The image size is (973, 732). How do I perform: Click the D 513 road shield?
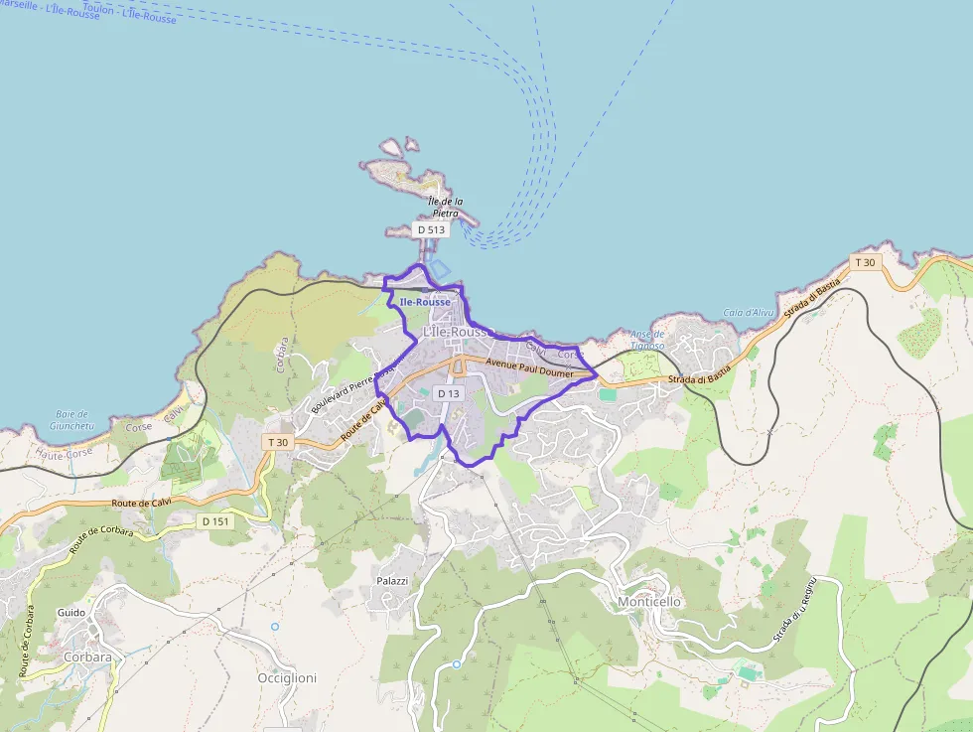click(x=431, y=229)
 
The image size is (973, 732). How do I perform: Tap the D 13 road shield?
click(x=449, y=394)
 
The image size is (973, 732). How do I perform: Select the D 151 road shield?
click(x=214, y=521)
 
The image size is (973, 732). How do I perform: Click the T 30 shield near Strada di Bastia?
click(x=864, y=262)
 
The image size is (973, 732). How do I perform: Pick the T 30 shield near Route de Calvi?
click(x=277, y=442)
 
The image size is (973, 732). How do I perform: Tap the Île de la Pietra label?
click(x=446, y=207)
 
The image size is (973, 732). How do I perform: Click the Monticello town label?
click(x=649, y=602)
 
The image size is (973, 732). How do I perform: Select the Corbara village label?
click(x=87, y=657)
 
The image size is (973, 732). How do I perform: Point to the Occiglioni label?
click(x=287, y=678)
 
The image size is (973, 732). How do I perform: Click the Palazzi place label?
click(x=392, y=580)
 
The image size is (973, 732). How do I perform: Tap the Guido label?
click(x=71, y=613)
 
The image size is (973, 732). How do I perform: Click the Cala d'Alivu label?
click(x=748, y=312)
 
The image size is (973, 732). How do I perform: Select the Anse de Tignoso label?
click(x=647, y=341)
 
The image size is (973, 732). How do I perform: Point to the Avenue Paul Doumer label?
click(x=529, y=368)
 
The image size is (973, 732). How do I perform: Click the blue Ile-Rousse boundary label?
click(x=425, y=302)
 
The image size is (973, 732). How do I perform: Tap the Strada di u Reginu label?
click(x=796, y=610)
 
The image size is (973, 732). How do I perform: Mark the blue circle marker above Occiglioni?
click(x=275, y=627)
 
